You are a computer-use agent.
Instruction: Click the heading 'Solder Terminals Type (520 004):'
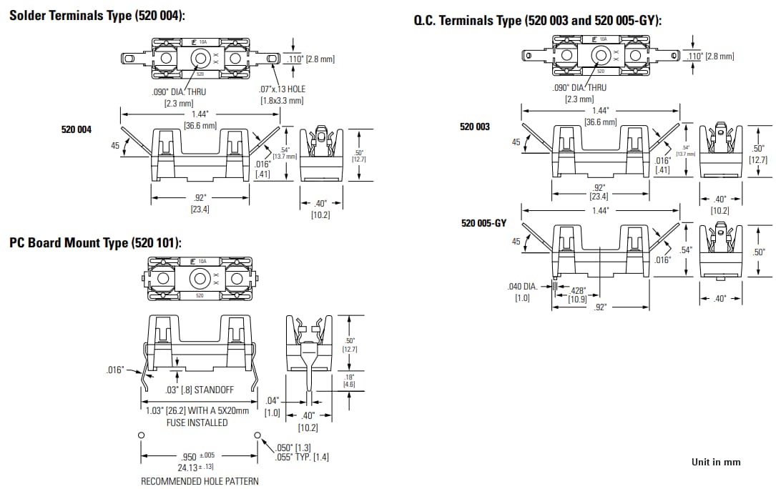[97, 16]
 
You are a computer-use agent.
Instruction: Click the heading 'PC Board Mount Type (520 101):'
[95, 243]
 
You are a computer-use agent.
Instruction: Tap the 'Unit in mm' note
[716, 462]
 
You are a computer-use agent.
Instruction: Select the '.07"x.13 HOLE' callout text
[282, 89]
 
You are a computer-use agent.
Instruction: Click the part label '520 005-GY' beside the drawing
[483, 223]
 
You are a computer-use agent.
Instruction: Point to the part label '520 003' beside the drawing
[475, 127]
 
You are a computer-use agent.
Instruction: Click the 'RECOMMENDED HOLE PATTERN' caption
[200, 481]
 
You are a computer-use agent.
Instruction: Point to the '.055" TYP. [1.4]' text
[302, 457]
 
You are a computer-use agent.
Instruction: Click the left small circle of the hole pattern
[142, 435]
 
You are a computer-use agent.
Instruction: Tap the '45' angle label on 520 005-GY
[516, 242]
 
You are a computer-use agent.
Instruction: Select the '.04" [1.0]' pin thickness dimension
[272, 407]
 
